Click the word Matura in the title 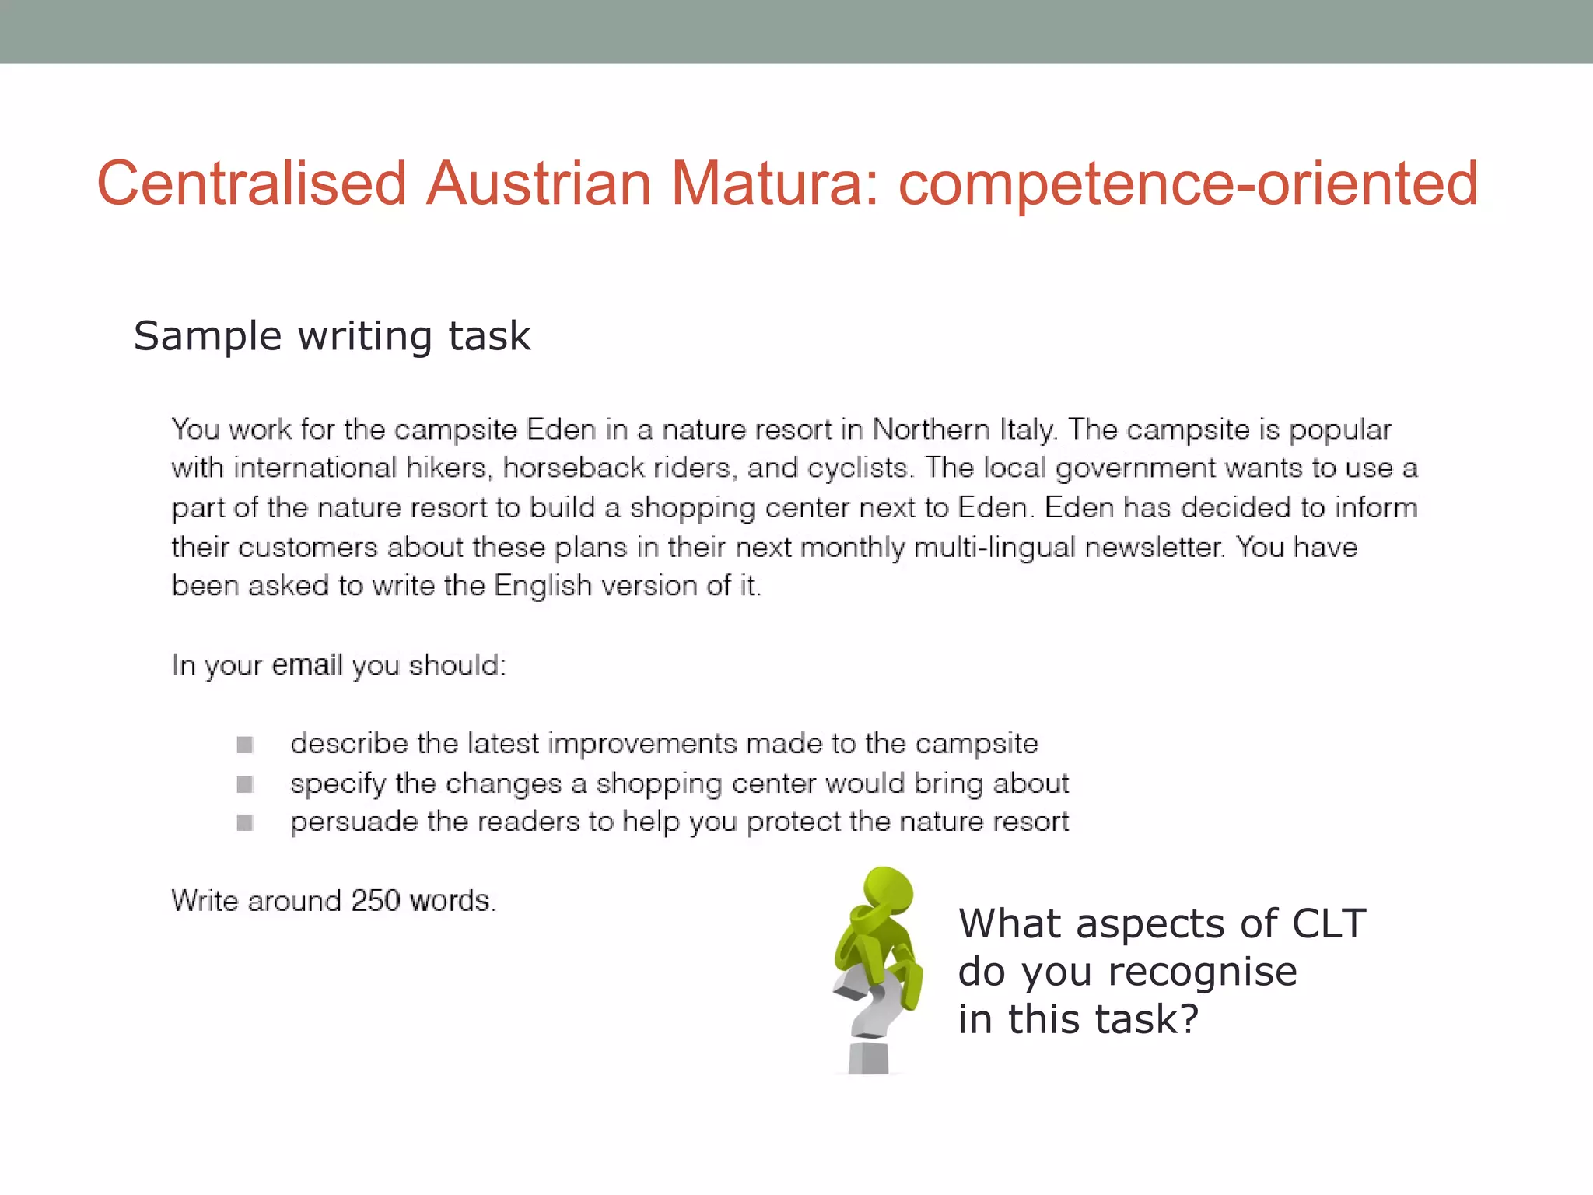point(775,184)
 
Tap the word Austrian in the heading point(539,184)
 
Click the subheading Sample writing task point(332,336)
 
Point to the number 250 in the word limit point(375,901)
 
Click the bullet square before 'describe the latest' point(245,745)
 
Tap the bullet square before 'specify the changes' point(245,783)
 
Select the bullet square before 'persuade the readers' point(245,822)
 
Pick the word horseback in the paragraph point(573,468)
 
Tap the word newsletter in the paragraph point(1154,547)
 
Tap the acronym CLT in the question point(1329,924)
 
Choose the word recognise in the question point(1202,972)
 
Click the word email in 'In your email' point(307,665)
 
